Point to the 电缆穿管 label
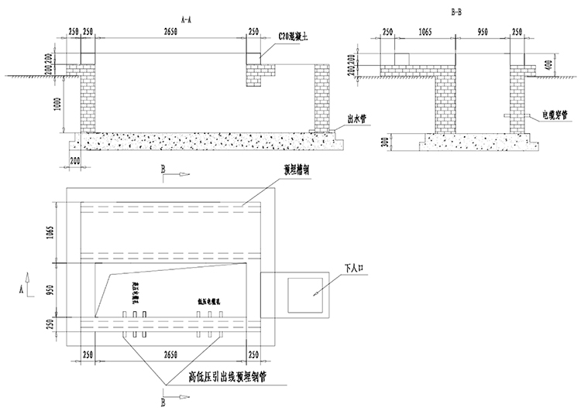[x=555, y=115]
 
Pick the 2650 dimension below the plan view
[x=168, y=353]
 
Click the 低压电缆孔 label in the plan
[x=209, y=303]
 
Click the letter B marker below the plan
[x=163, y=402]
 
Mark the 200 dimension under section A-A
[x=75, y=159]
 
